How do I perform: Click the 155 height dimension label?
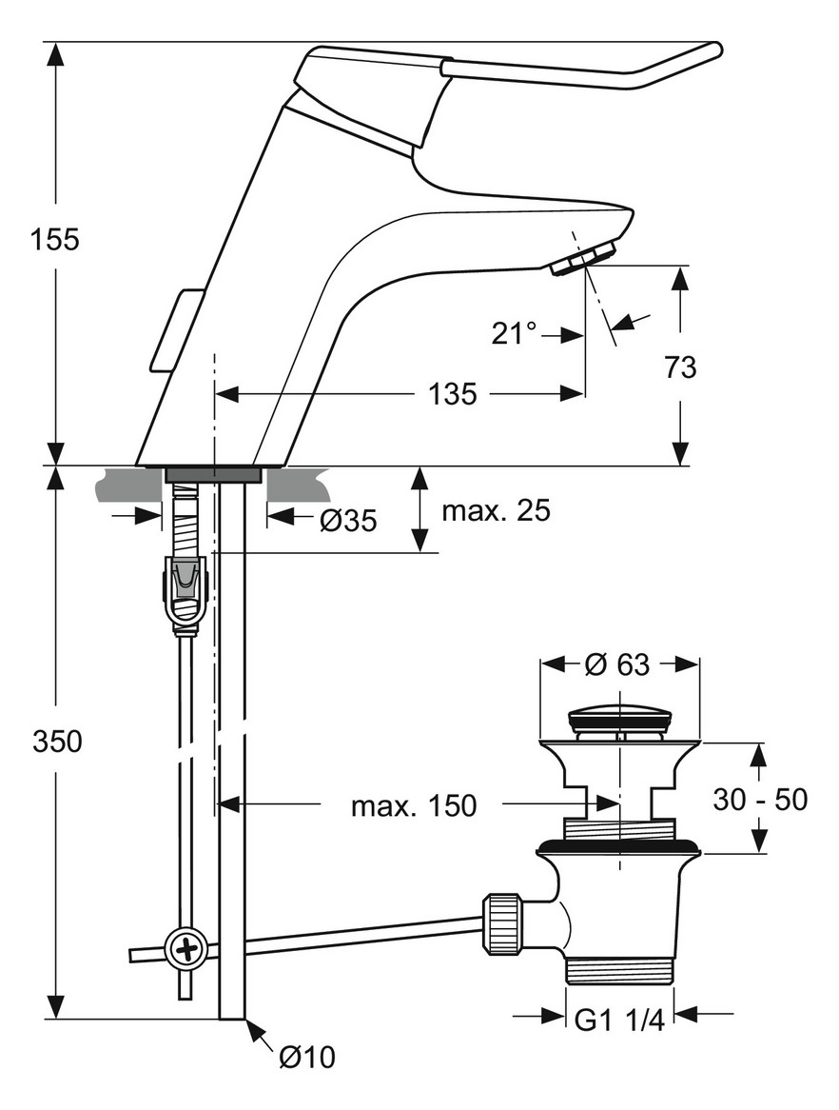(53, 239)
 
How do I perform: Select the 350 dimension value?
(55, 740)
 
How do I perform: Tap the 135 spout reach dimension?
(451, 393)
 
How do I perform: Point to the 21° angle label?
(514, 333)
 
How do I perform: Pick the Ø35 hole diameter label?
(347, 520)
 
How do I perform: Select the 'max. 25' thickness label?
(496, 511)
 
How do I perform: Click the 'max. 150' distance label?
(413, 806)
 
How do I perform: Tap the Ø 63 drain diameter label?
(617, 664)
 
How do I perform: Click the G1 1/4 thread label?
(619, 1020)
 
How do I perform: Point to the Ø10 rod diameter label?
(307, 1057)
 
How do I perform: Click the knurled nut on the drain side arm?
(503, 922)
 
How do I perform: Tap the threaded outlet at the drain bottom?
(619, 970)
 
